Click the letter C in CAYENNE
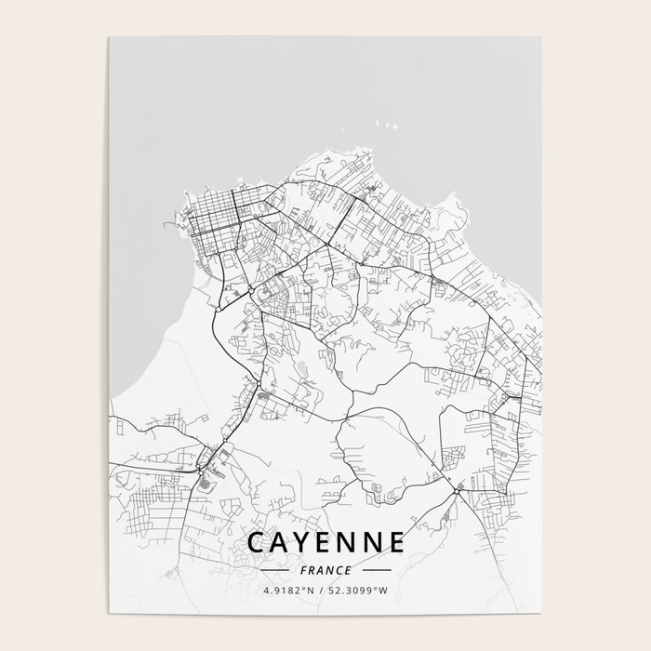pos(256,543)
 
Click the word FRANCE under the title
pos(325,570)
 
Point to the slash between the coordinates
pos(322,591)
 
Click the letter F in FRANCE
pos(302,570)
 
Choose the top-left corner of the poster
pos(109,38)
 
